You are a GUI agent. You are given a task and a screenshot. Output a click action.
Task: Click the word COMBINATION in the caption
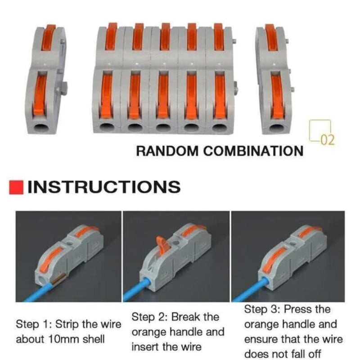click(x=253, y=151)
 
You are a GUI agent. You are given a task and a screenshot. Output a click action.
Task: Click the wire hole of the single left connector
click(x=44, y=127)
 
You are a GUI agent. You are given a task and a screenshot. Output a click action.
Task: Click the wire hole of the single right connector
click(x=275, y=127)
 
